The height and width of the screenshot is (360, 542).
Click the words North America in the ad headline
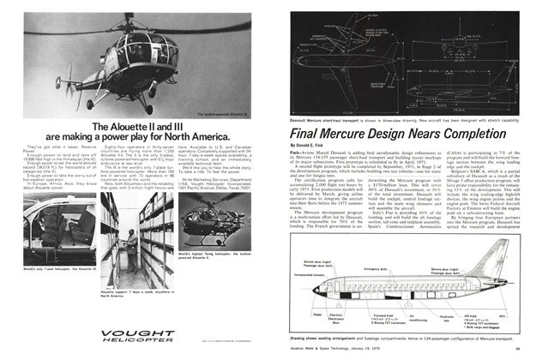195,136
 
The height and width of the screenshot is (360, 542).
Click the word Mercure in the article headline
354,135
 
